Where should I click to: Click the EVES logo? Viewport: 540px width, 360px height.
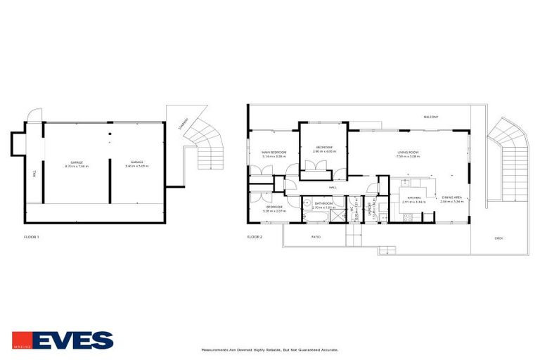point(62,340)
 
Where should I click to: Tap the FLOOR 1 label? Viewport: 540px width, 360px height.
point(31,237)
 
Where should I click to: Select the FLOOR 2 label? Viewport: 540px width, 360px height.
point(255,237)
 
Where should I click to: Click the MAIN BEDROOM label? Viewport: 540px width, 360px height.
point(274,153)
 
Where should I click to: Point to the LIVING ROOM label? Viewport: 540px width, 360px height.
point(409,153)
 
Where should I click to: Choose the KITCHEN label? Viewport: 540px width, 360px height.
point(415,198)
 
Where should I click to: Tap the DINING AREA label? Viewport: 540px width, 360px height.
point(451,198)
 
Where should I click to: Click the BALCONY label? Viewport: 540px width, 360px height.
point(431,117)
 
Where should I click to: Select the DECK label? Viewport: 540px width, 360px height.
point(499,238)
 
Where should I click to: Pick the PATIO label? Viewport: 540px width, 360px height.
point(316,237)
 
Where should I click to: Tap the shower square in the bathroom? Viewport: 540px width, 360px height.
point(338,216)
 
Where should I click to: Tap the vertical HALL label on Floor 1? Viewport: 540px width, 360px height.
point(34,174)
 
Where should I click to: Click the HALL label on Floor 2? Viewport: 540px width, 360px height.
point(333,188)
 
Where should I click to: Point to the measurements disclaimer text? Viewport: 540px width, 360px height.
point(270,349)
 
